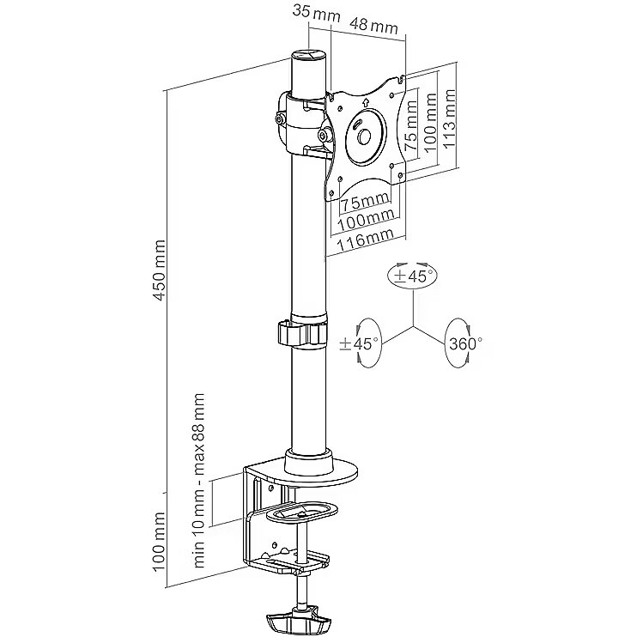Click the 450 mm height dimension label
tap(158, 270)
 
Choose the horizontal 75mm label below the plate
tap(363, 203)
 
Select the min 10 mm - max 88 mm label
tap(200, 481)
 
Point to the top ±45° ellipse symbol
tap(413, 276)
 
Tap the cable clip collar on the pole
tap(303, 333)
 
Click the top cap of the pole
tap(308, 57)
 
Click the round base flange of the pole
tap(323, 464)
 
